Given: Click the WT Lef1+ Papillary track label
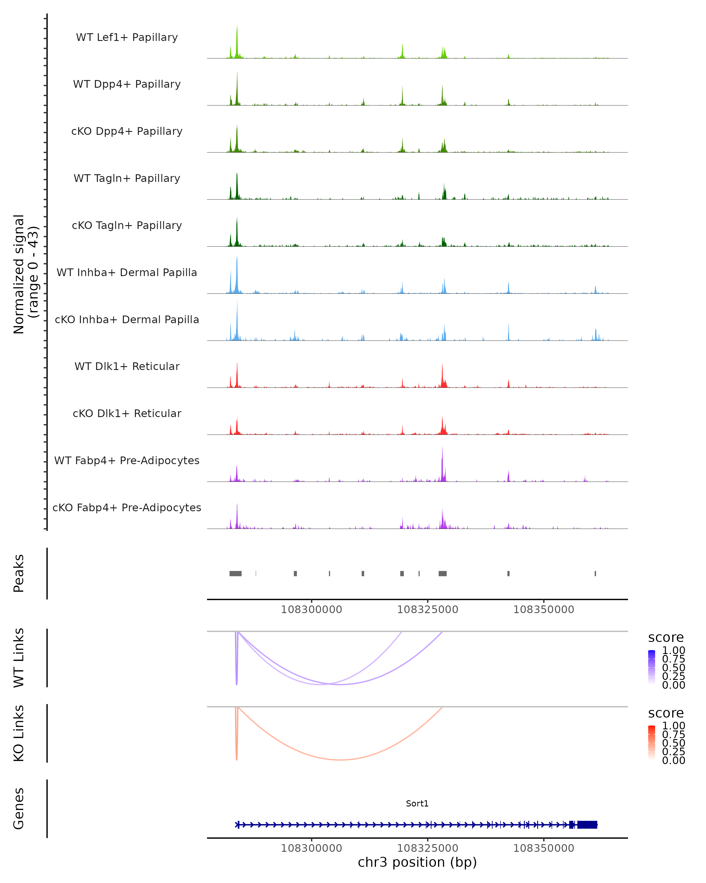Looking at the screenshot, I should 127,37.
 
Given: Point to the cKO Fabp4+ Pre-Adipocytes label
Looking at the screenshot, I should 127,508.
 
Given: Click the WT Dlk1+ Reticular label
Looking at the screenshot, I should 127,366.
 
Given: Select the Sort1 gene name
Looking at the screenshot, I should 417,804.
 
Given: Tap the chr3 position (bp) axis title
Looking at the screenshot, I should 417,862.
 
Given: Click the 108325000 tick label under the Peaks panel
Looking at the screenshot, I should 428,610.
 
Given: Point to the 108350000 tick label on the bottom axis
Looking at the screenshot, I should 544,848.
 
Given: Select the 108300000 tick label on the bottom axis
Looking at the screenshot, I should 312,848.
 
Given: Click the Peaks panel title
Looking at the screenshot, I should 19,573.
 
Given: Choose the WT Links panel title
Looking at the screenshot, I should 19,658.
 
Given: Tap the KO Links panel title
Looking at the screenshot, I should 19,733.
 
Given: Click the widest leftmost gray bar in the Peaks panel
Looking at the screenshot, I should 235,573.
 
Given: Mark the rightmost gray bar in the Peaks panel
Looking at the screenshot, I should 595,573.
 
